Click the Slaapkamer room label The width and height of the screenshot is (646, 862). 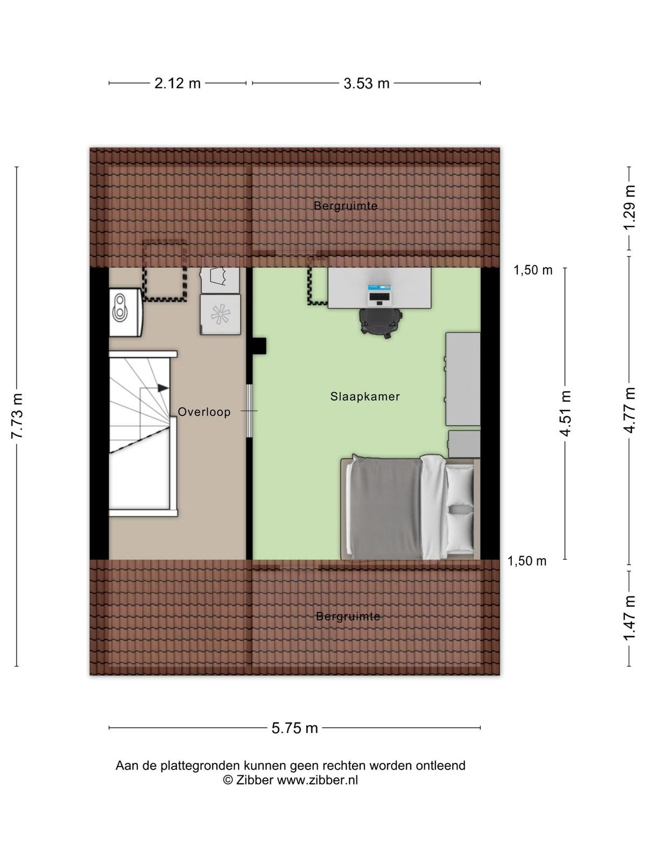[364, 396]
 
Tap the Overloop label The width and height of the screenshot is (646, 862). [204, 412]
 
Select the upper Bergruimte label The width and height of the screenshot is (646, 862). [345, 205]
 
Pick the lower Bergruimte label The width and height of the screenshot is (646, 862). [348, 616]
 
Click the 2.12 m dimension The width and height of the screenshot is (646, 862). [177, 84]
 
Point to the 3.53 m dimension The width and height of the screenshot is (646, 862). [367, 84]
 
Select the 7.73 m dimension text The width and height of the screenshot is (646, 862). [17, 416]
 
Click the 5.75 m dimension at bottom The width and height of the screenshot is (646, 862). [294, 728]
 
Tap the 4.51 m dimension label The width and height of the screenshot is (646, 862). [565, 413]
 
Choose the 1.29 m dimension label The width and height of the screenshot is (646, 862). [629, 207]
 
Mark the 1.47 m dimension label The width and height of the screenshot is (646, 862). [629, 618]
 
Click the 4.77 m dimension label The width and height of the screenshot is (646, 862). [629, 411]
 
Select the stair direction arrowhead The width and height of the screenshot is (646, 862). [163, 388]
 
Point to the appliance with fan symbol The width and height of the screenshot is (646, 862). [220, 315]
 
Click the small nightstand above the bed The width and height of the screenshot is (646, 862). [465, 444]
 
